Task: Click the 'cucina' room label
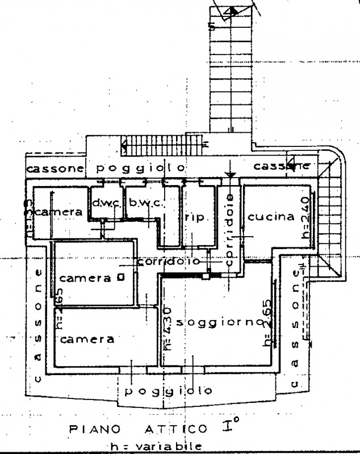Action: [x=271, y=216]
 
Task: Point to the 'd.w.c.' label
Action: [x=106, y=202]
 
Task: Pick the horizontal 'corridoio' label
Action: [x=169, y=262]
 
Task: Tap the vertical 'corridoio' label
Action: [x=229, y=230]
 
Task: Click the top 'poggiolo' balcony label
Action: [x=140, y=168]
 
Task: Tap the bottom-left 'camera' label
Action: [x=87, y=339]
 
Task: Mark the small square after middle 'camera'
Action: [x=119, y=278]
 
